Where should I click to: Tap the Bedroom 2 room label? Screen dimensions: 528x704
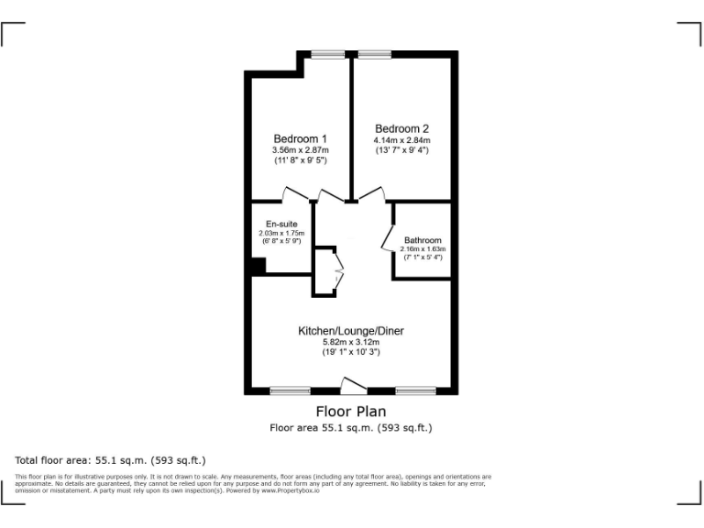[x=401, y=128]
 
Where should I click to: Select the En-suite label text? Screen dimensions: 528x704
[x=280, y=224]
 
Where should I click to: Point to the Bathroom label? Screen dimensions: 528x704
[x=423, y=240]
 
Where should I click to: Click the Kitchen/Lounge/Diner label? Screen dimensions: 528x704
[x=350, y=330]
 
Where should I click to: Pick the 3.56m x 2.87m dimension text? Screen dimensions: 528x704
[x=300, y=149]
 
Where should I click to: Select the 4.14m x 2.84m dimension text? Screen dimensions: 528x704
[x=401, y=139]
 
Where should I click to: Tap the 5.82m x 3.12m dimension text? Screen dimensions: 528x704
[x=350, y=341]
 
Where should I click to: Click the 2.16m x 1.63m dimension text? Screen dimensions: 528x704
[x=423, y=249]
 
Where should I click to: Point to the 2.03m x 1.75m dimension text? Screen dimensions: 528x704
[x=280, y=234]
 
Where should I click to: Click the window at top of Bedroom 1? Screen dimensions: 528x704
[x=327, y=55]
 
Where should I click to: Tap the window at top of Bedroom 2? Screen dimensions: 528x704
[x=374, y=55]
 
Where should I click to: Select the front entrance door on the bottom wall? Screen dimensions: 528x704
[x=352, y=386]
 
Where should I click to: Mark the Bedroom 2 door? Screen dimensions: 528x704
[x=371, y=194]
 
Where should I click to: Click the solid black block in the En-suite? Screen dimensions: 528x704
[x=258, y=266]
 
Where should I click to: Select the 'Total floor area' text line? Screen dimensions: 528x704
[x=110, y=459]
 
